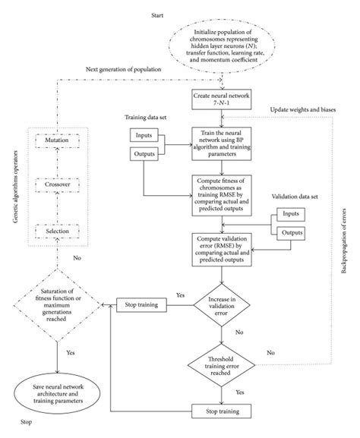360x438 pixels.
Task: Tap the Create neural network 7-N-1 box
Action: tap(223, 101)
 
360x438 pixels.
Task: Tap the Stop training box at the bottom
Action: tap(223, 411)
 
